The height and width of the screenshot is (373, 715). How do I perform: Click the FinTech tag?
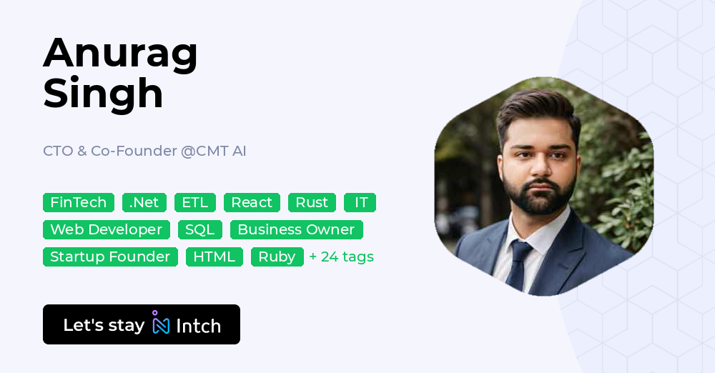pyautogui.click(x=79, y=203)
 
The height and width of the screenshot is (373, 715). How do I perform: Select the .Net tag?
pyautogui.click(x=144, y=203)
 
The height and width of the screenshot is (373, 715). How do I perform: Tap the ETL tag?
pyautogui.click(x=195, y=203)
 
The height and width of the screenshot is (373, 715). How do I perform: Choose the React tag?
pyautogui.click(x=252, y=203)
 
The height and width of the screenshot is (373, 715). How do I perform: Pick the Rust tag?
pyautogui.click(x=312, y=203)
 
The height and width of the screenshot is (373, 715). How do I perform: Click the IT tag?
pyautogui.click(x=360, y=203)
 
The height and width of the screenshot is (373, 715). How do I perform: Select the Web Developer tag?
pyautogui.click(x=107, y=230)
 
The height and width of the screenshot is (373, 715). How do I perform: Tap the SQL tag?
pyautogui.click(x=200, y=230)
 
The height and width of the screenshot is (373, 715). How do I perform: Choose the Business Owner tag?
pyautogui.click(x=296, y=230)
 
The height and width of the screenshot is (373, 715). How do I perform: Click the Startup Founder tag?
pyautogui.click(x=110, y=257)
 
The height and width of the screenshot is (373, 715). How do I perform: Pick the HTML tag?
pyautogui.click(x=214, y=257)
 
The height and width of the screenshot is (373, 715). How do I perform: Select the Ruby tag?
pyautogui.click(x=277, y=257)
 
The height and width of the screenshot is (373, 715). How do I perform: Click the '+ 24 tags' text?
pyautogui.click(x=342, y=257)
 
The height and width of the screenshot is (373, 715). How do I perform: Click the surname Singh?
pyautogui.click(x=104, y=93)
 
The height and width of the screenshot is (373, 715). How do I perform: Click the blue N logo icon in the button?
pyautogui.click(x=161, y=324)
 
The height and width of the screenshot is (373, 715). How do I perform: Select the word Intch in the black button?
pyautogui.click(x=198, y=326)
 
